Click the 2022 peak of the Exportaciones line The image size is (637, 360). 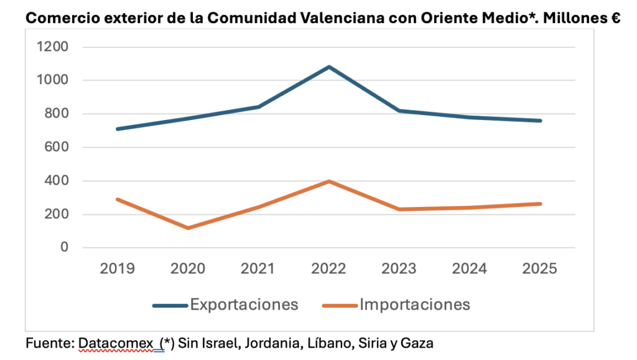(x=329, y=67)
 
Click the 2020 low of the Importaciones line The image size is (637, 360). (x=188, y=228)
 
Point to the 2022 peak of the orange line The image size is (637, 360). (x=329, y=182)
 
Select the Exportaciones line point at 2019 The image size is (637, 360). (x=117, y=129)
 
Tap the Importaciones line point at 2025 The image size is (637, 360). (x=541, y=203)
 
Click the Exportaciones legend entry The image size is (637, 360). (x=226, y=305)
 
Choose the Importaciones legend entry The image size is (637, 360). (x=396, y=305)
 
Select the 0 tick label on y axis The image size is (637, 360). (x=64, y=248)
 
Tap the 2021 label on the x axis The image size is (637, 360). (x=258, y=269)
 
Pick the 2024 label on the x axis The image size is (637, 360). (x=470, y=269)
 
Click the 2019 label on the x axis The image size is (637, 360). (x=117, y=269)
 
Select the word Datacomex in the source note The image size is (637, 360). (x=116, y=343)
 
